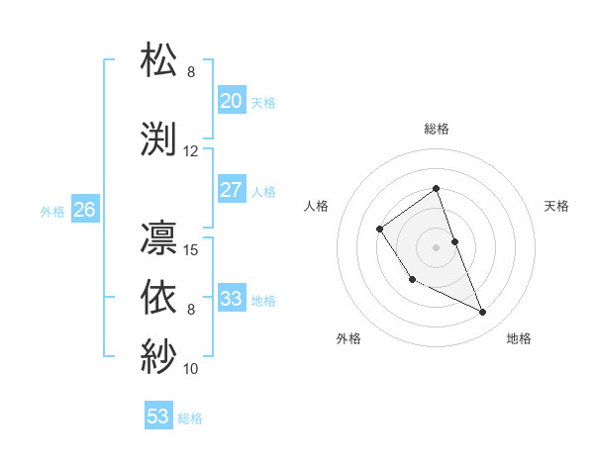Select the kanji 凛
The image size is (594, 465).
pos(159,237)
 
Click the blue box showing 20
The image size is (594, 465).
pos(231,101)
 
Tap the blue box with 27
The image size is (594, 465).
pos(231,190)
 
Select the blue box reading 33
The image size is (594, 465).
pos(231,299)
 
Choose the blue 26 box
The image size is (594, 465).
pos(84,210)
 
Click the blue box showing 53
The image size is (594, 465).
pos(157,417)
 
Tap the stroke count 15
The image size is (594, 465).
pos(191,249)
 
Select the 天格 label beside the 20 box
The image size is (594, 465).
pos(263,102)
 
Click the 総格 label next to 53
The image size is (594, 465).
pos(190,418)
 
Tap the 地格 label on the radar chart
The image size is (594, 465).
pos(519,338)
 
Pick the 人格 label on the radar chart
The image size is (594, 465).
pos(317,206)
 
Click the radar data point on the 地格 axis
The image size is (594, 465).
pos(483,313)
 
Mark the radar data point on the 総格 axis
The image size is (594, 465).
pos(436,189)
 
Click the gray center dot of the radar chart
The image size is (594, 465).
pos(436,246)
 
